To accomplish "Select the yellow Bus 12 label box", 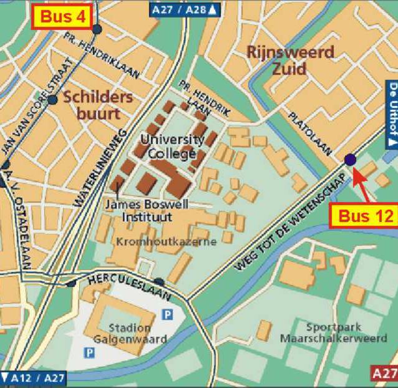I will (366, 215).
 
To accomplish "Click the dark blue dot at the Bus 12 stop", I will (349, 160).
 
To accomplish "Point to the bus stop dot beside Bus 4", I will (96, 29).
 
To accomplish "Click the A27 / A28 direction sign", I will (186, 9).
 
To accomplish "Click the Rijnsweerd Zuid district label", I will (290, 60).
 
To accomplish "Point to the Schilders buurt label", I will (98, 105).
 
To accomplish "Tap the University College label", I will (172, 146).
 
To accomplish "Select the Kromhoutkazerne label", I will (166, 241).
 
